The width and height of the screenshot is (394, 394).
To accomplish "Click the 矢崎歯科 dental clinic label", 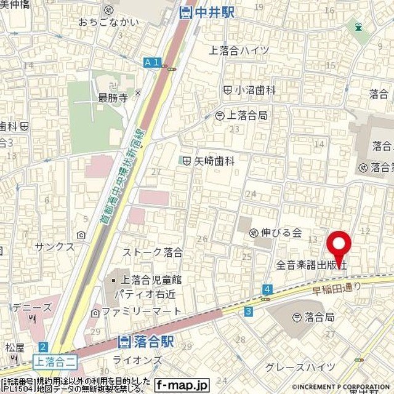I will (x=209, y=160).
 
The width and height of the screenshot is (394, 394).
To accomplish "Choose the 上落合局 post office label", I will (x=242, y=115).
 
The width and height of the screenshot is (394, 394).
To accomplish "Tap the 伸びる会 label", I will (x=276, y=233).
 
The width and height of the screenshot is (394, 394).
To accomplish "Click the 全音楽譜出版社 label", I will (x=312, y=265).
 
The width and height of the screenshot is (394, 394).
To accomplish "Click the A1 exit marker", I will (x=151, y=62).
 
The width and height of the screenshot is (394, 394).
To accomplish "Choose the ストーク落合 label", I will (x=153, y=252).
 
